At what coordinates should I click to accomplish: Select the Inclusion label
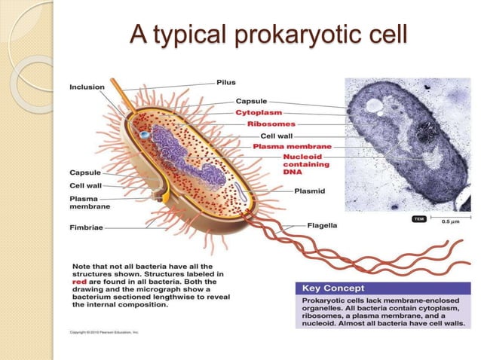pyautogui.click(x=87, y=87)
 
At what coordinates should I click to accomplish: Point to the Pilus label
pyautogui.click(x=226, y=81)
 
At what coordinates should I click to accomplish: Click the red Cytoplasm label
pyautogui.click(x=260, y=112)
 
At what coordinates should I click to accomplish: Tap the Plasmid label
pyautogui.click(x=310, y=191)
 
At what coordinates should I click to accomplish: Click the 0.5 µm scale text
pyautogui.click(x=451, y=222)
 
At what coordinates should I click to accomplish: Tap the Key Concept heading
pyautogui.click(x=333, y=288)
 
